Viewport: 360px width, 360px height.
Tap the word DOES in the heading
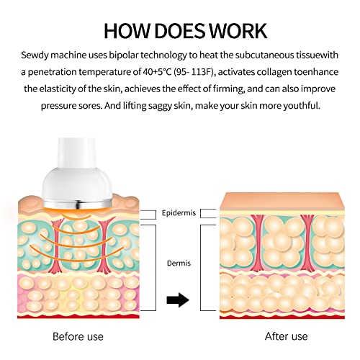(x=180, y=31)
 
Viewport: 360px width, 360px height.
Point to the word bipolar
(x=124, y=55)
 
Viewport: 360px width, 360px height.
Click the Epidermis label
(x=179, y=213)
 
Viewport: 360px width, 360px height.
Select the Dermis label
(x=179, y=264)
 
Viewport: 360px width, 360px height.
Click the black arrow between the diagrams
(x=178, y=300)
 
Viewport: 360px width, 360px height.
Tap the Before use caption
(x=78, y=336)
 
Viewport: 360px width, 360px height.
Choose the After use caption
(x=287, y=336)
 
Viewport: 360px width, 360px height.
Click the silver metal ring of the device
(x=78, y=204)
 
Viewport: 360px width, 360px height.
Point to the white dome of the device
(x=77, y=184)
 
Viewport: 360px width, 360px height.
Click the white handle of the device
(x=77, y=153)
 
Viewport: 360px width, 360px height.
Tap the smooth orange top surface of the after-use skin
(x=282, y=201)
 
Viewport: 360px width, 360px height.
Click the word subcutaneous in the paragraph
(x=264, y=55)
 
